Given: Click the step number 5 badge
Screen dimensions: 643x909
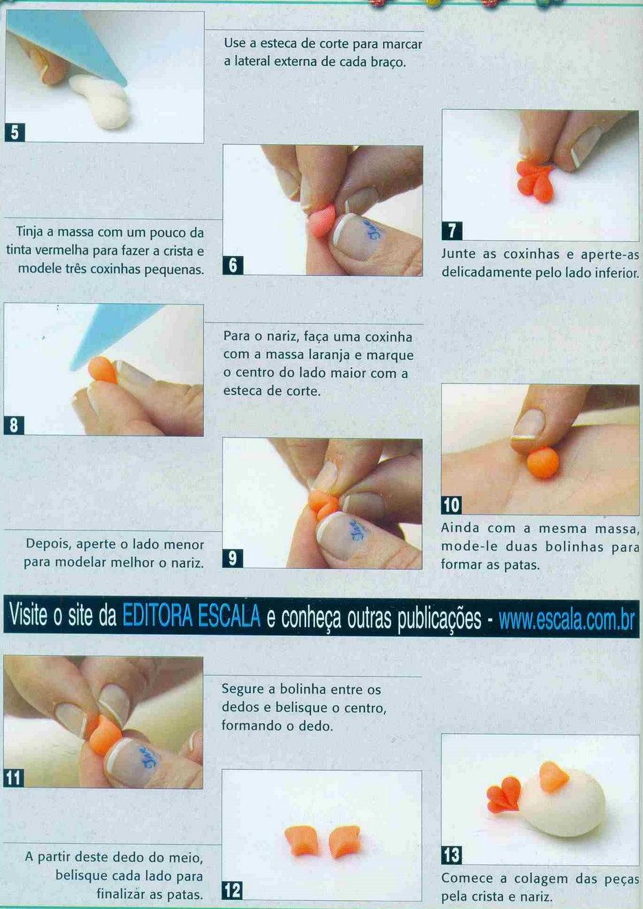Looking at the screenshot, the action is pyautogui.click(x=14, y=132).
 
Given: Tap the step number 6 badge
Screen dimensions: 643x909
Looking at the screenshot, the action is pyautogui.click(x=233, y=265).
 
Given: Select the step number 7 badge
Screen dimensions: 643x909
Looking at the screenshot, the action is pyautogui.click(x=452, y=231).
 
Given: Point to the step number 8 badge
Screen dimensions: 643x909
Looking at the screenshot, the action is pyautogui.click(x=14, y=425).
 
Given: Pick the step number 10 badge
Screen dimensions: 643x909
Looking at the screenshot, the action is pyautogui.click(x=452, y=505).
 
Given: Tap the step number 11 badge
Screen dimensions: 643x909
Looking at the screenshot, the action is pyautogui.click(x=14, y=778).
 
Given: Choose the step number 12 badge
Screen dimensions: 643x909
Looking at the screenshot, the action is pyautogui.click(x=232, y=890).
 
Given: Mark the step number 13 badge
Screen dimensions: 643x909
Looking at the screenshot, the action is pyautogui.click(x=452, y=855).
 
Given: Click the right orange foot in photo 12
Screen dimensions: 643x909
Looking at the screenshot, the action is pyautogui.click(x=344, y=841).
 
